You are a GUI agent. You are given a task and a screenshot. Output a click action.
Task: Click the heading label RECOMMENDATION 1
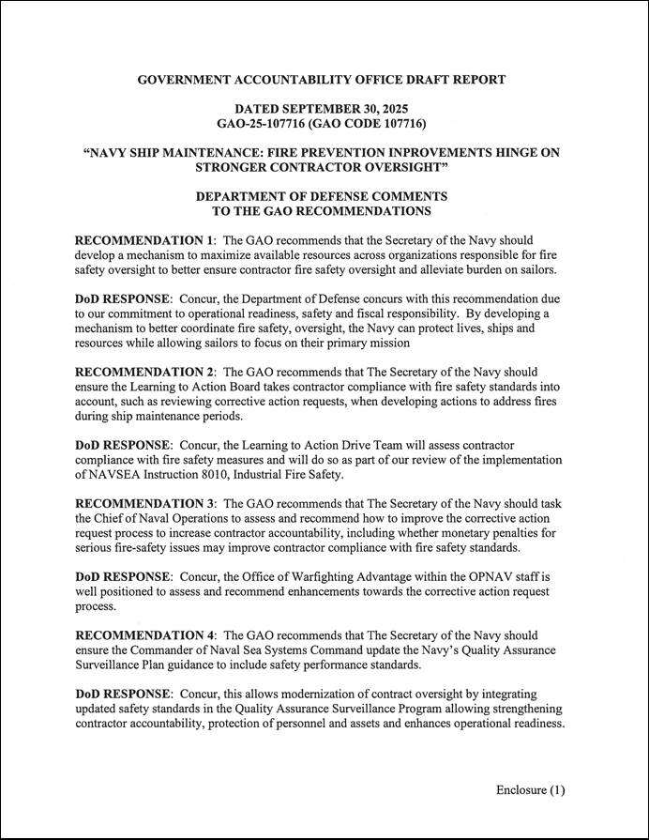[x=145, y=239]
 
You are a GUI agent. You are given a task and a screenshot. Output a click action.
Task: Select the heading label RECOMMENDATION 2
[x=145, y=373]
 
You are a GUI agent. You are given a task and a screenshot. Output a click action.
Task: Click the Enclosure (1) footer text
[x=531, y=790]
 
